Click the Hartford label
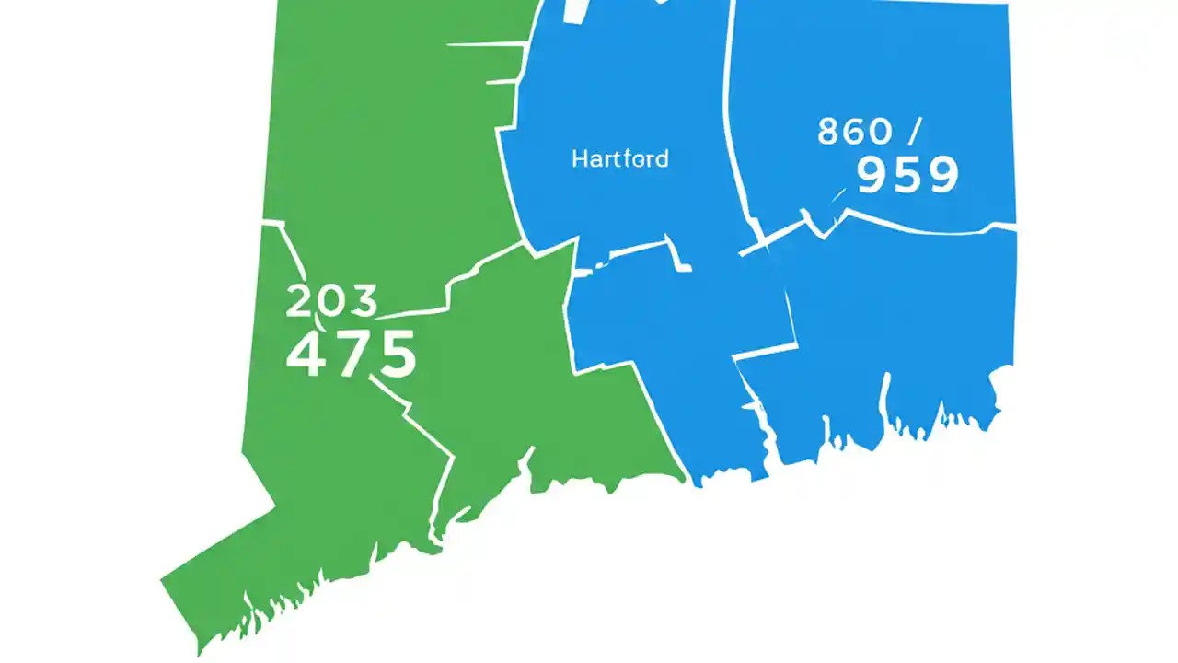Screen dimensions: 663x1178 [x=619, y=158]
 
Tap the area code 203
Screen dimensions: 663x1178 [x=331, y=302]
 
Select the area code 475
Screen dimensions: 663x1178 [x=351, y=355]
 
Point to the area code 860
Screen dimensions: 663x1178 [x=854, y=132]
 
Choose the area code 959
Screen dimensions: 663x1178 [x=907, y=175]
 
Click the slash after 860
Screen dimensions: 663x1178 [x=914, y=132]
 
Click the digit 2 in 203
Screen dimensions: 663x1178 [x=300, y=302]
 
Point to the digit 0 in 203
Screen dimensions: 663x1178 [x=331, y=302]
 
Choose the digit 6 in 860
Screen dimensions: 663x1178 [x=854, y=132]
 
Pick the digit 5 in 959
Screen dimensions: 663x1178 [x=907, y=175]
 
